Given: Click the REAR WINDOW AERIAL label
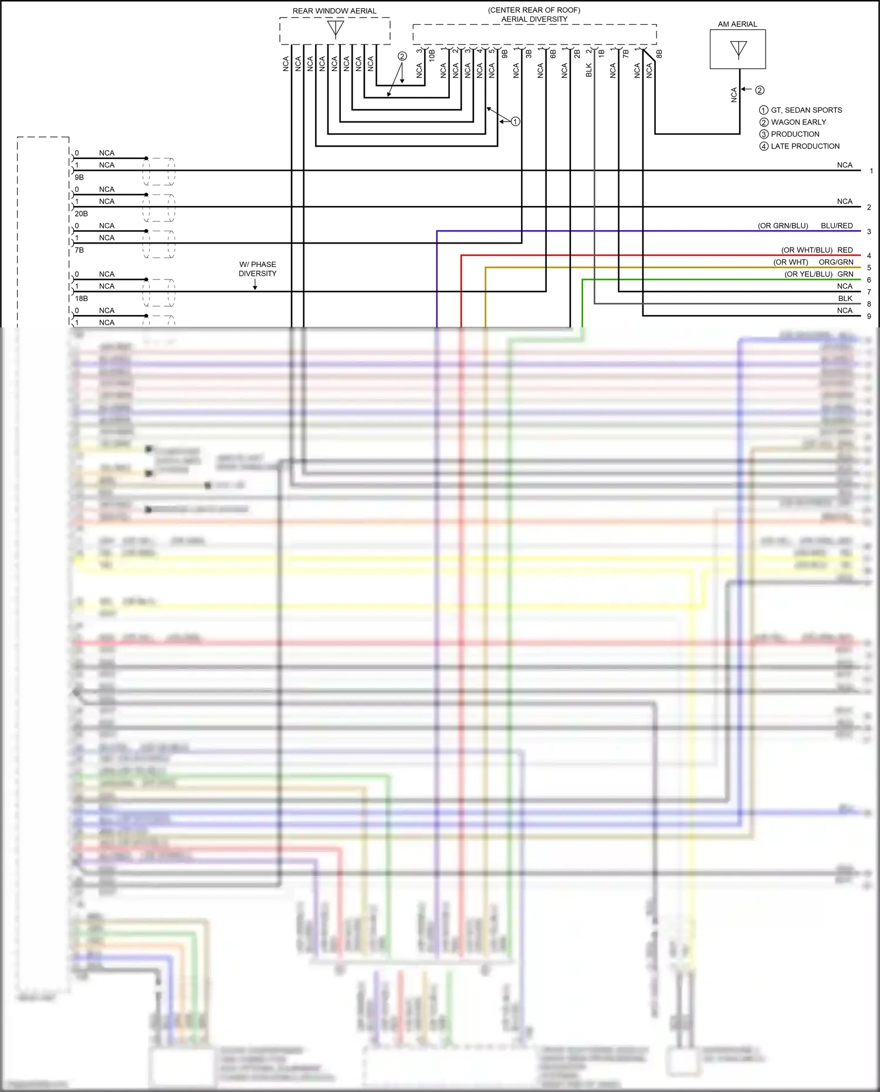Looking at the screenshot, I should pos(334,11).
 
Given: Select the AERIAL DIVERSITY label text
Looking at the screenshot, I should pos(534,19).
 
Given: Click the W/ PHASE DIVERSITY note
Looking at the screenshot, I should pos(257,269).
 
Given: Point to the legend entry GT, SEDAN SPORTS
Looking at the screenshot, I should pos(806,110).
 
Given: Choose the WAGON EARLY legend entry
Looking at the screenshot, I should pos(798,122).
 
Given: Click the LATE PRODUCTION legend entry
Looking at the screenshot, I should pos(805,146).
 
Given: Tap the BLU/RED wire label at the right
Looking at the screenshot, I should pos(837,226).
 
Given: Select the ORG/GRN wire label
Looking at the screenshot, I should pos(836,262).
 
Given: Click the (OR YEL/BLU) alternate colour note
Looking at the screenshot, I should pos(808,274).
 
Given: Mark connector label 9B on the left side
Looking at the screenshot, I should pos(79,177).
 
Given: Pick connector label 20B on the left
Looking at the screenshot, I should pos(81,214).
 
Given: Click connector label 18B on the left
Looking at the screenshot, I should pos(81,299).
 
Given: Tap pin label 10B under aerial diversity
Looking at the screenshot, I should pos(432,56).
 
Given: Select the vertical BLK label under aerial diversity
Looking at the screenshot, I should pos(589,70).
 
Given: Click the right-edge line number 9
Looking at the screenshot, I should pos(869,316).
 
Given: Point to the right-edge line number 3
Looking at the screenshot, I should pos(869,232).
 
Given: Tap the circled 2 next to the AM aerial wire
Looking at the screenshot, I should pos(760,90).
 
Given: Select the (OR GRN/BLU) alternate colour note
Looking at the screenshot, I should pos(783,226).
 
